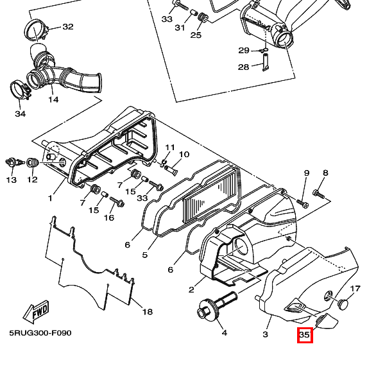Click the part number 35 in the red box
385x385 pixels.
tap(304, 335)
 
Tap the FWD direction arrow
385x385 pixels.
tap(36, 312)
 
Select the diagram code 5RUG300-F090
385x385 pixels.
tap(40, 333)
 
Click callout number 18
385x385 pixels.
tap(148, 312)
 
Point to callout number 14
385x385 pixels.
tap(53, 99)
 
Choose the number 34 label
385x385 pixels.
tap(21, 114)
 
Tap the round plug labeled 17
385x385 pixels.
tap(343, 304)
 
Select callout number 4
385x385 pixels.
tap(225, 333)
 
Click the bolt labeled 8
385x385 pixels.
tap(319, 194)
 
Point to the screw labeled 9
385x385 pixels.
tap(302, 203)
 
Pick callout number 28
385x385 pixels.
tap(244, 67)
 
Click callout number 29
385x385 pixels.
tap(244, 50)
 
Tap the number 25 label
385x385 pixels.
tap(196, 35)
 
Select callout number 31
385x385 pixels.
tap(180, 28)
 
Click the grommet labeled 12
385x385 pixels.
tap(33, 163)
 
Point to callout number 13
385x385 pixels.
tap(11, 180)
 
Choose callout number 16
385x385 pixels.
tap(109, 218)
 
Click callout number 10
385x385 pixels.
tap(184, 154)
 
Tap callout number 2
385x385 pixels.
tap(191, 290)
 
